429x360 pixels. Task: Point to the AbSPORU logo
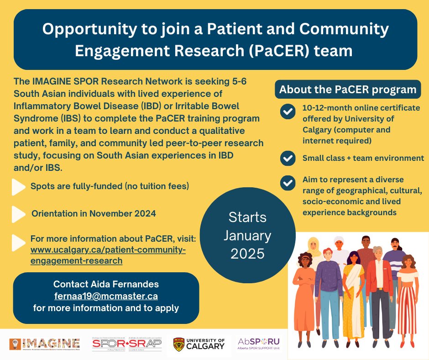click(259, 343)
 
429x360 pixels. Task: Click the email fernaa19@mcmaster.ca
click(106, 296)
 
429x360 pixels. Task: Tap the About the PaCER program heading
click(348, 89)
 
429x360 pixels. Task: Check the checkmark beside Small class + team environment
click(288, 158)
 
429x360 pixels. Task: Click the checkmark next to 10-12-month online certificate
click(288, 111)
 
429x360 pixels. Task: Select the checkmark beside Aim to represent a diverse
click(288, 183)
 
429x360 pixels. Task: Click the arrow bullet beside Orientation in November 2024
click(19, 213)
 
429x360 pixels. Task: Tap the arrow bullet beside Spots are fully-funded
click(19, 186)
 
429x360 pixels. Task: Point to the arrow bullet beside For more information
click(19, 243)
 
